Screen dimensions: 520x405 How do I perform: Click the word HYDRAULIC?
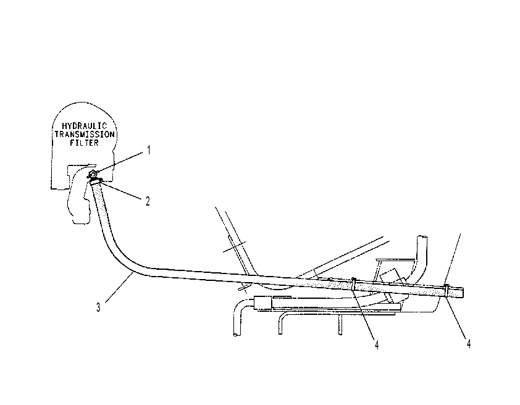point(85,126)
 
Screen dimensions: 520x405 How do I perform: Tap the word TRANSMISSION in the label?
point(85,134)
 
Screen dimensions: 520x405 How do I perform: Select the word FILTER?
point(84,143)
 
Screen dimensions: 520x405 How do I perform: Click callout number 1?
point(149,150)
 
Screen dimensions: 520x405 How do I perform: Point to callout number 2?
point(148,201)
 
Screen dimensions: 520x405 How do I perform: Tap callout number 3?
point(98,307)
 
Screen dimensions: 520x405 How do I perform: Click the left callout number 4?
point(377,345)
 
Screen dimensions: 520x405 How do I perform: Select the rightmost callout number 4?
point(468,344)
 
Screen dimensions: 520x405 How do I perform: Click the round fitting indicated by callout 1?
point(93,174)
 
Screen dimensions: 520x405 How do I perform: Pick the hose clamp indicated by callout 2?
point(96,181)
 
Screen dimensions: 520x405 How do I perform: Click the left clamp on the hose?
point(354,284)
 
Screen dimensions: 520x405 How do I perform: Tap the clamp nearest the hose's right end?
point(447,290)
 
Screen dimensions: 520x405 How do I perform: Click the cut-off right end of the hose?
point(463,293)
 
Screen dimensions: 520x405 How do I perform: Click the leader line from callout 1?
point(120,162)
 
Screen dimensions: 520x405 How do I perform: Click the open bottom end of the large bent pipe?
point(236,335)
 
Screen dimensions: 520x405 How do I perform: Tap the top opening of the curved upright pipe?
point(422,237)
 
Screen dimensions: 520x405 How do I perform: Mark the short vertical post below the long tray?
point(340,325)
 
